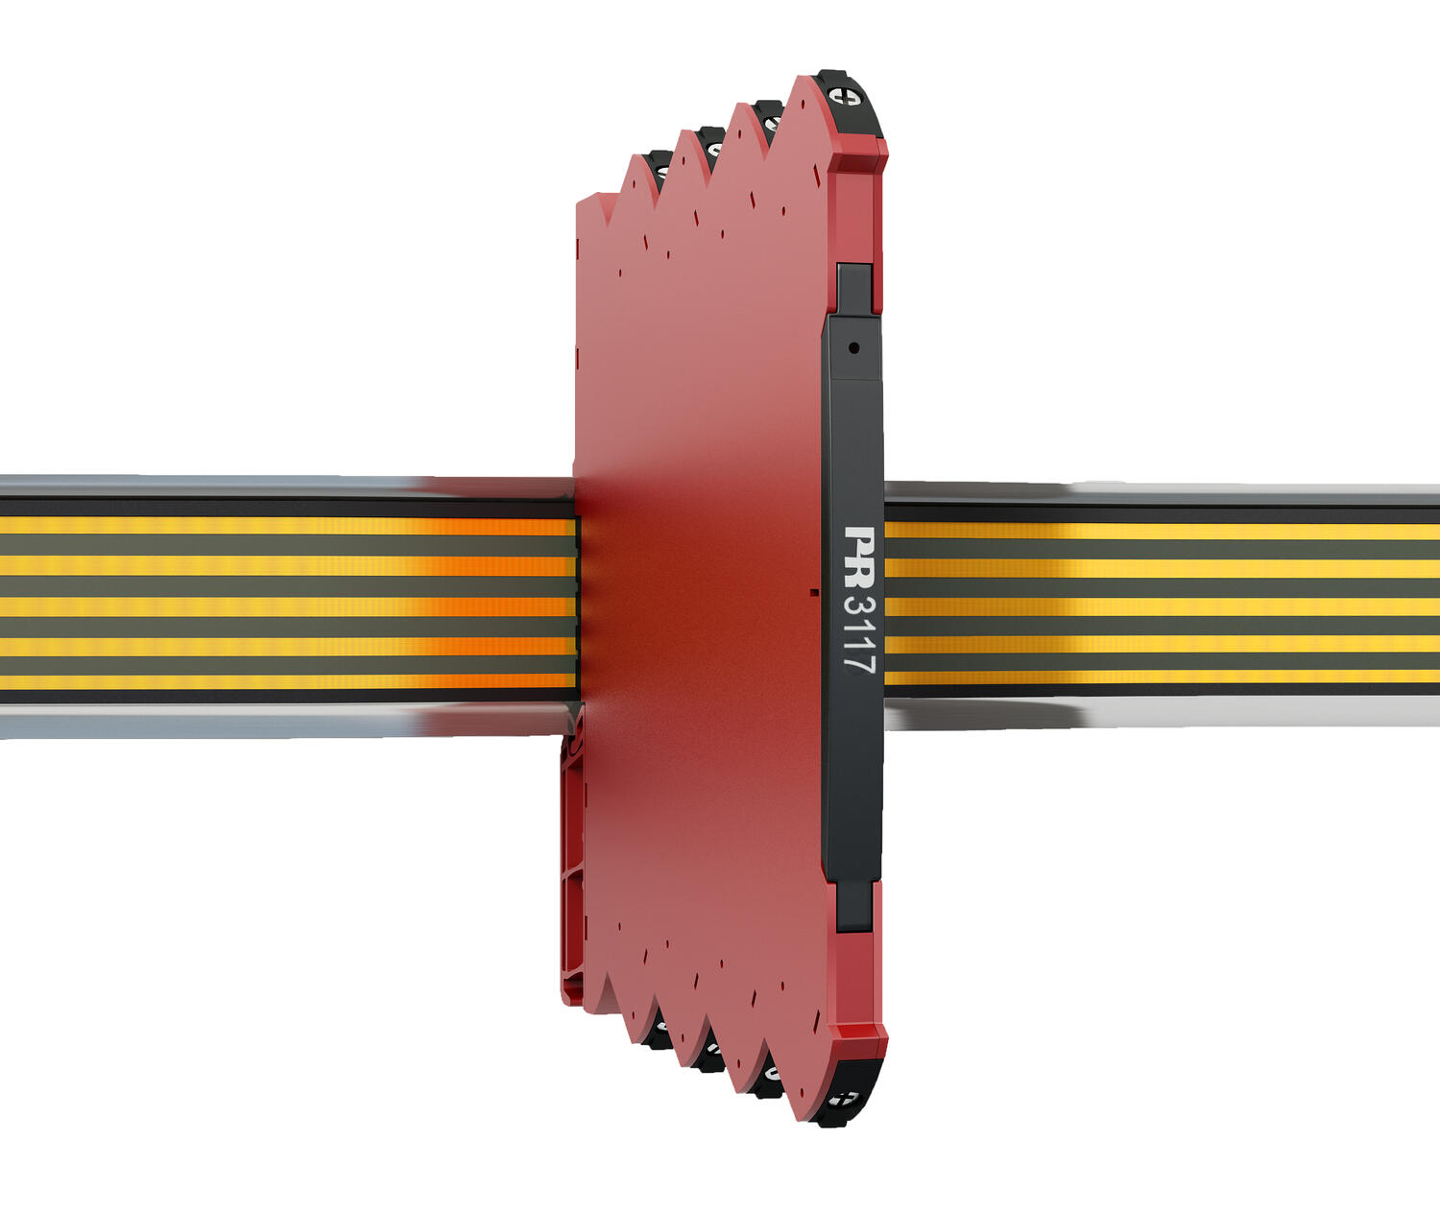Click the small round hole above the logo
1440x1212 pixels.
[853, 348]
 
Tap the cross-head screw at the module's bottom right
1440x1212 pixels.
[843, 1099]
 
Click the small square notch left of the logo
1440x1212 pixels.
[814, 591]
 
